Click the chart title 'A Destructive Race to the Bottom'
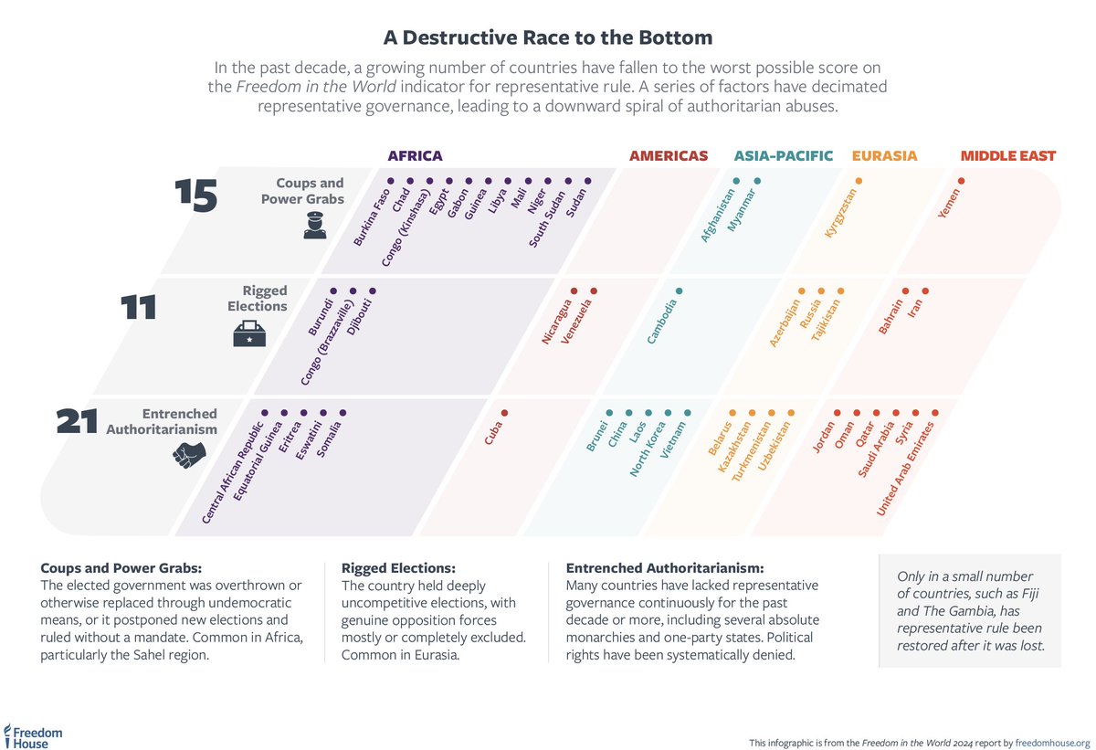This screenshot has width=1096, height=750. pos(547,38)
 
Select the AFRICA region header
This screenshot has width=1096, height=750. pos(415,156)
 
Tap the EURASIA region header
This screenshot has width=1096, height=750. pos(884,156)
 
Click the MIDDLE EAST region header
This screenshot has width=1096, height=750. pos(1006,156)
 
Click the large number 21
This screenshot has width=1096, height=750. pos(77,422)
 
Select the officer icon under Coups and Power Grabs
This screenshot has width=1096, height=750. pos(314,227)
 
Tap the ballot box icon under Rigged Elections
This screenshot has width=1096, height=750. pos(248,334)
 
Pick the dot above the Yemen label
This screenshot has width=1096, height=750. pos(961,181)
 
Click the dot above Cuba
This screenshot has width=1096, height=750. pos(504,413)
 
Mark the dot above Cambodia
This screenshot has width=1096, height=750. pos(678,290)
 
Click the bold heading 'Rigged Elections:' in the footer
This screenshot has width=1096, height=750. pos(397,567)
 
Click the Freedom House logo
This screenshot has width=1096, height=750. pos(33,735)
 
